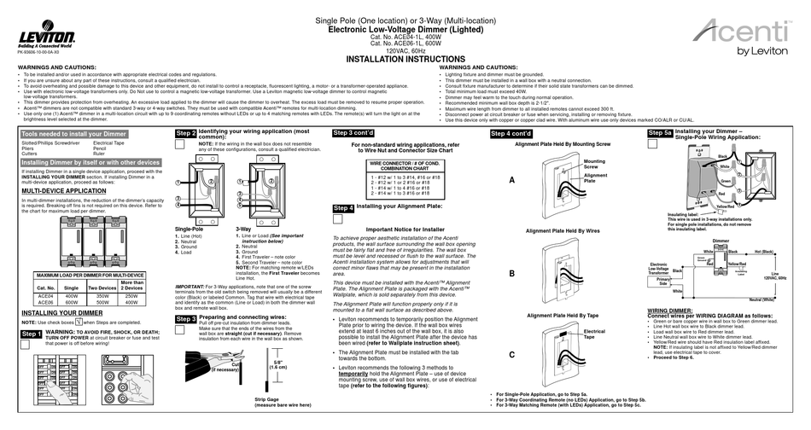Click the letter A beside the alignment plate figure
pos(512,181)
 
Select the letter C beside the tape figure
pos(512,352)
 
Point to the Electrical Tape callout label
pos(594,334)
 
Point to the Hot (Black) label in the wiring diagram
pos(765,253)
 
